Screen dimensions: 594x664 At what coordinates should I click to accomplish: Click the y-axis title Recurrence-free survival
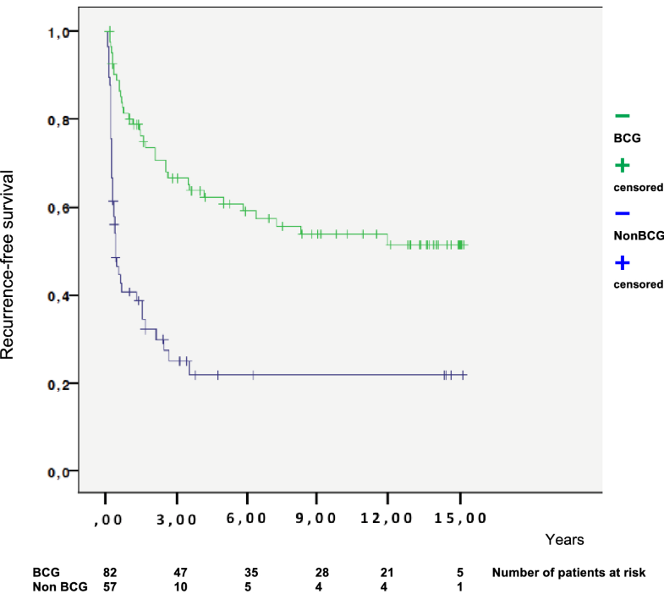9,263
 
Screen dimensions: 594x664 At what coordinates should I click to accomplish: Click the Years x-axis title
564,538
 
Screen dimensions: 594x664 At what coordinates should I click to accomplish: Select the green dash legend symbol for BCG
622,114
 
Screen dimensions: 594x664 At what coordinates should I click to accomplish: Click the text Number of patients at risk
568,573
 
